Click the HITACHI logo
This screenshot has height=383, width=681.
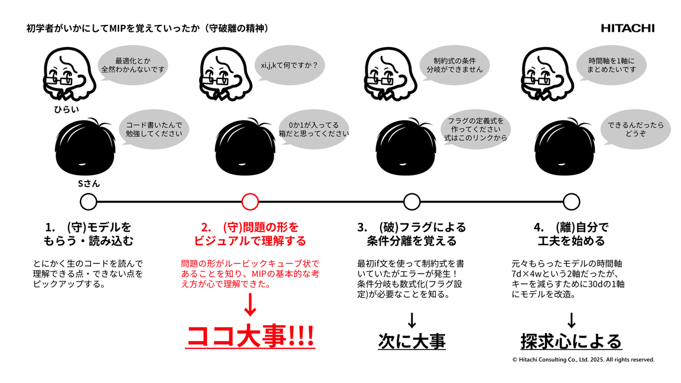click(x=628, y=28)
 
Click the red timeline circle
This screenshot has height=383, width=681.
click(x=250, y=202)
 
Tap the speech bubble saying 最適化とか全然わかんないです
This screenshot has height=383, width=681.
click(x=133, y=65)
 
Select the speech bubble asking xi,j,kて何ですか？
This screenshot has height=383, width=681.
click(x=290, y=65)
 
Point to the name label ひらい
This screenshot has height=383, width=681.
click(x=66, y=110)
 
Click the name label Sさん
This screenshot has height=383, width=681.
click(x=89, y=184)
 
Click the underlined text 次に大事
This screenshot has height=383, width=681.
click(x=412, y=341)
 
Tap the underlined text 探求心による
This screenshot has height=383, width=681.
click(x=571, y=341)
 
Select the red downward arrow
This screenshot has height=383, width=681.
click(x=250, y=305)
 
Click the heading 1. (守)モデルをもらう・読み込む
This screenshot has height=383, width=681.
click(x=88, y=234)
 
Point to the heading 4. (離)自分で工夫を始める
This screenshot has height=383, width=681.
click(x=571, y=234)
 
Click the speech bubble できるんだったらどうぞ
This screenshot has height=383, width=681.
click(x=636, y=129)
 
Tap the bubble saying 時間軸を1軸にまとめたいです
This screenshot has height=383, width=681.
click(x=611, y=65)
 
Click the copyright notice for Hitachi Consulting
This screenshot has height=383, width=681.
click(x=583, y=360)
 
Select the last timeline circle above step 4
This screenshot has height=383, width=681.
click(x=571, y=202)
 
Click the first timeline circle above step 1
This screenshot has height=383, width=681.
click(x=88, y=202)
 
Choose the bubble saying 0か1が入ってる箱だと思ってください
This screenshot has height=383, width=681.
click(x=314, y=129)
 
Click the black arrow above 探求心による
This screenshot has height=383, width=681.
click(x=571, y=320)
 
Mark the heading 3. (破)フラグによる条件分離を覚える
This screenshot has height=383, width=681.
click(x=411, y=234)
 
